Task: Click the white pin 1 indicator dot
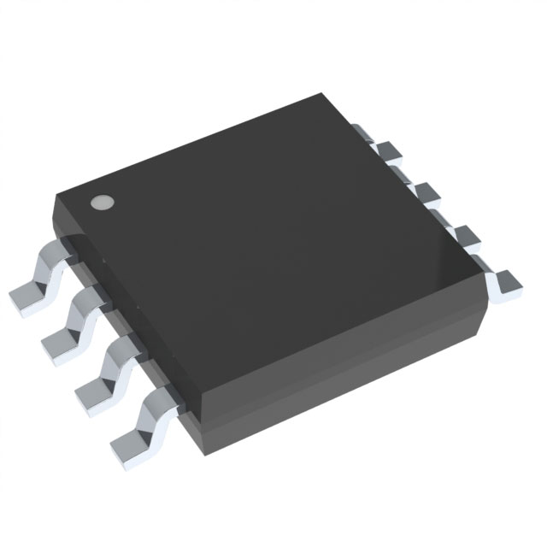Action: point(102,203)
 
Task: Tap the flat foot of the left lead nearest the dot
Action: point(26,296)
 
